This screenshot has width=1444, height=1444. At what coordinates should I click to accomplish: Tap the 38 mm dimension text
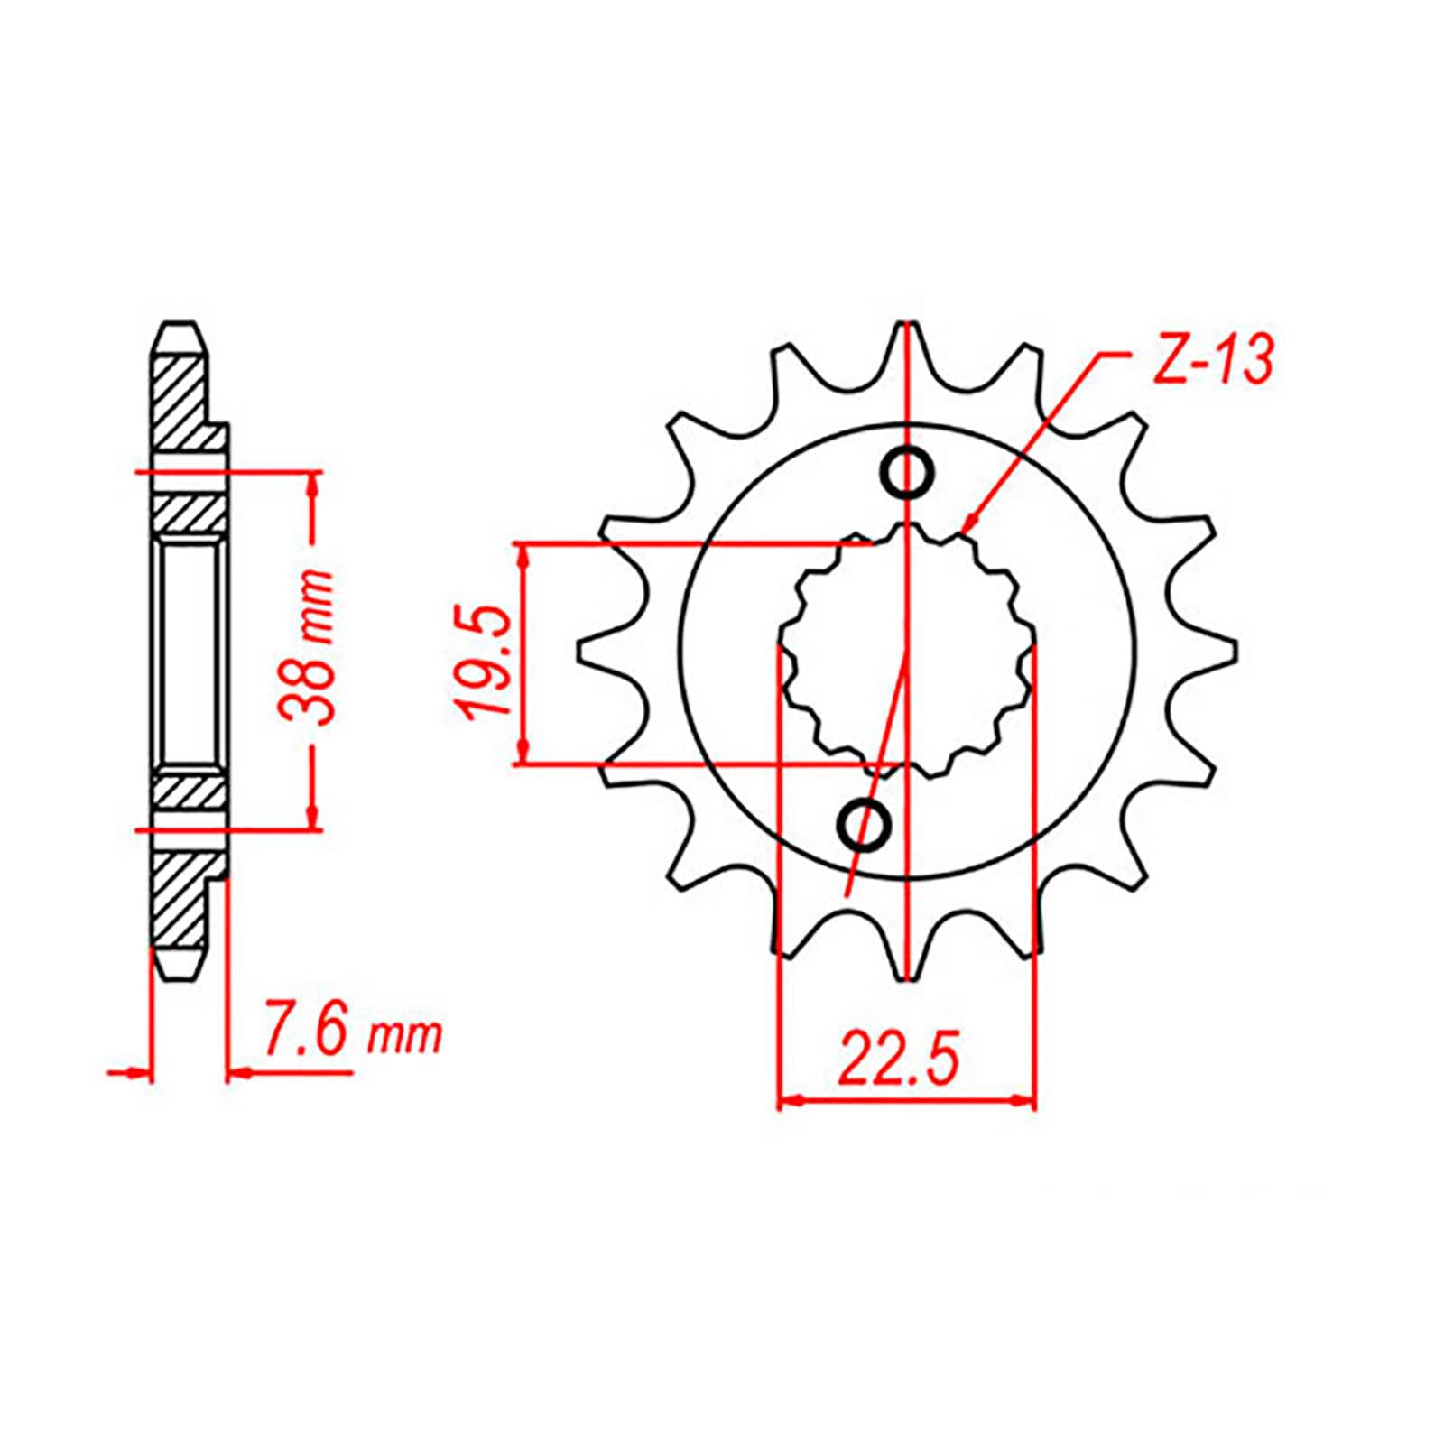pyautogui.click(x=306, y=646)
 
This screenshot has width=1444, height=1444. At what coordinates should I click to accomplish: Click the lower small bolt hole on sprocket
pyautogui.click(x=865, y=822)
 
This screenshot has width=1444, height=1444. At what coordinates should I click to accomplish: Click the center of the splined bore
pyautogui.click(x=907, y=647)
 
